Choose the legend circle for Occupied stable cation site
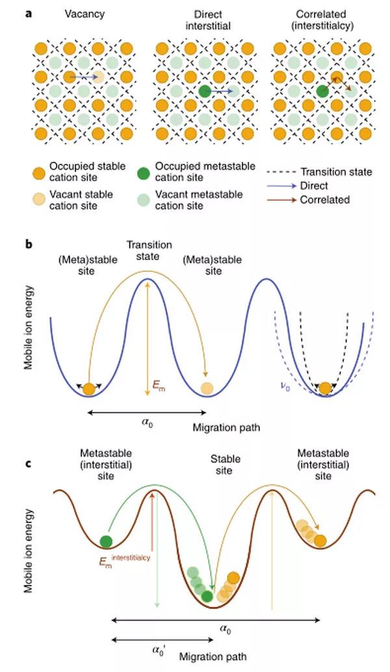[x=40, y=172]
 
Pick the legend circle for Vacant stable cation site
[x=40, y=199]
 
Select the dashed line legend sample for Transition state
[x=282, y=172]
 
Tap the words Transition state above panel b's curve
[x=149, y=251]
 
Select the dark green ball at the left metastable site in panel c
[x=106, y=541]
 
